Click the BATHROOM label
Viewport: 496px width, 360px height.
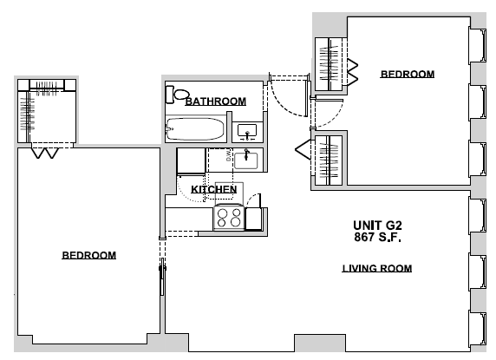[x=215, y=101]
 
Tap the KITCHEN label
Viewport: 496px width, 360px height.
[x=214, y=189]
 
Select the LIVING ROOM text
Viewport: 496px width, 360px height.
[x=376, y=268]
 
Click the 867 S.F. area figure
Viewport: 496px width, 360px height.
[x=376, y=236]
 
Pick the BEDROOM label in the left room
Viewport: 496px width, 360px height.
[x=88, y=255]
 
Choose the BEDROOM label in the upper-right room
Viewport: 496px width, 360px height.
[x=408, y=75]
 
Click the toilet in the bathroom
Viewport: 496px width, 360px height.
[x=180, y=95]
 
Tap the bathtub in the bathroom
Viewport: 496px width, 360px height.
[x=195, y=130]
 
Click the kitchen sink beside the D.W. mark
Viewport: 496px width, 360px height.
[x=249, y=158]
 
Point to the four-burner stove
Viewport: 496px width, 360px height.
[x=230, y=217]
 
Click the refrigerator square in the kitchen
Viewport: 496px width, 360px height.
[x=191, y=162]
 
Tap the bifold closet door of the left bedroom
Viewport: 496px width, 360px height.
[x=44, y=153]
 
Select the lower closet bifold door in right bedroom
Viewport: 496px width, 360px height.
[x=303, y=149]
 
